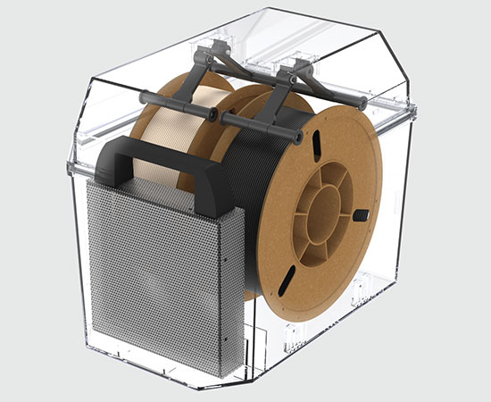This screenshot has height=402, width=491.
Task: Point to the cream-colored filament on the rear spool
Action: point(165,125)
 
